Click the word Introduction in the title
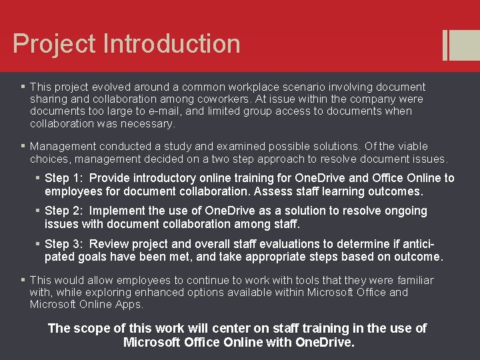[172, 44]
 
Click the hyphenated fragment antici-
[418, 244]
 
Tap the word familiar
[411, 280]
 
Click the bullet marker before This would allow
[23, 280]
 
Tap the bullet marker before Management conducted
[23, 146]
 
